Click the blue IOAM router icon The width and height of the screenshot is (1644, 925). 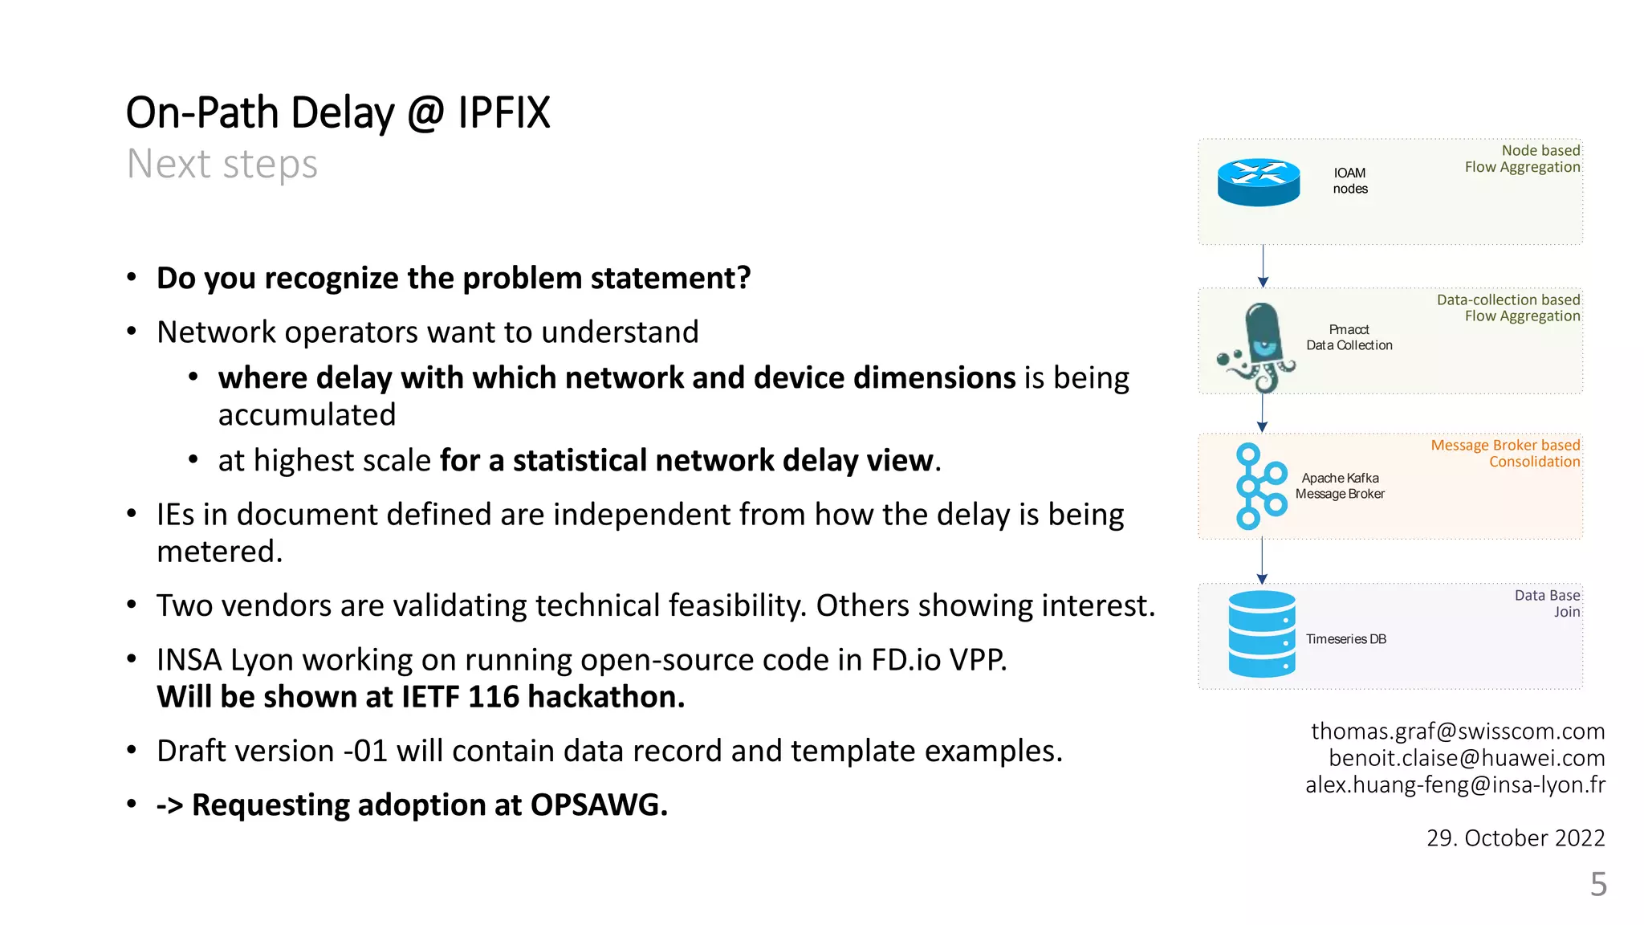[1258, 182]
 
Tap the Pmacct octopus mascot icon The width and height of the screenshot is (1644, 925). [1258, 346]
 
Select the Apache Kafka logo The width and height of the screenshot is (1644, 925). [1260, 486]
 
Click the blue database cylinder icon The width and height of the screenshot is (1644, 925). [1261, 634]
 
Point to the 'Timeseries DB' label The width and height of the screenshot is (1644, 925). [1345, 639]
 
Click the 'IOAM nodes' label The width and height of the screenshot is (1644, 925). [1350, 181]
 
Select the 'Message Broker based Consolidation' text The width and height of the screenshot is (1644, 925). [1505, 454]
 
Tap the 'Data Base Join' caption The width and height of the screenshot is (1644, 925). [1548, 603]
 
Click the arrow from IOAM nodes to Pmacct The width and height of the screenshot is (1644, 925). [1263, 266]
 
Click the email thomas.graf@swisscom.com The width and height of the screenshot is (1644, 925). [1457, 731]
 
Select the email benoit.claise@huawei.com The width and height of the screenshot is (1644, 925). [1466, 758]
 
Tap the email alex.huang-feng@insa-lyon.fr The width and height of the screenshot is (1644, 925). [1455, 784]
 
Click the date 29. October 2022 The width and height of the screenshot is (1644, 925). [1515, 838]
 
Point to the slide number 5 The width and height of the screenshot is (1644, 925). [1598, 885]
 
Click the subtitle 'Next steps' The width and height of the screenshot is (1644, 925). [222, 165]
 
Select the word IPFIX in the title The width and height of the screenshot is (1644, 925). [503, 113]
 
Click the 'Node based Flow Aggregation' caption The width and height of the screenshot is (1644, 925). [1522, 159]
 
